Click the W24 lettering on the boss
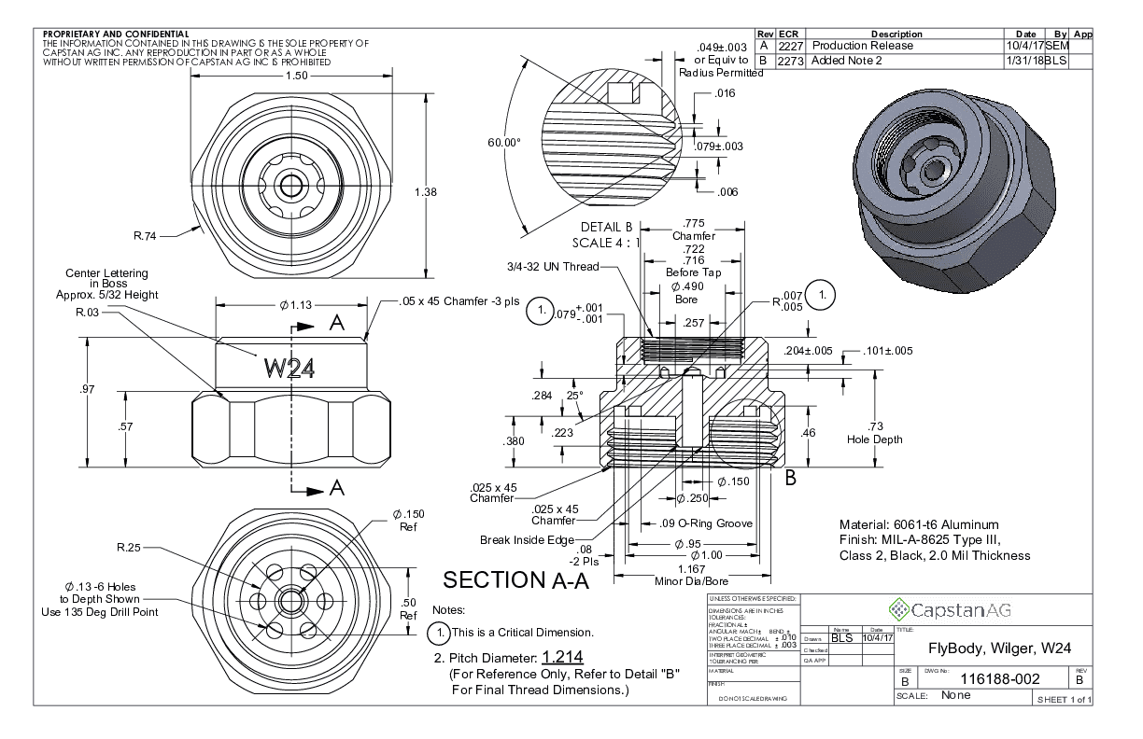289,368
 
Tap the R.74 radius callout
145,236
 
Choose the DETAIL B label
607,227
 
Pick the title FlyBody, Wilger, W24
999,648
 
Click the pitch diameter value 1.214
562,657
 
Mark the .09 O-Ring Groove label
698,523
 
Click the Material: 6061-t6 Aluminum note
919,524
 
